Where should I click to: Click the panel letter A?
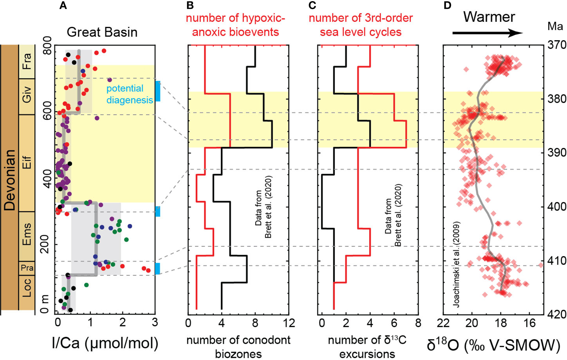(x=63, y=6)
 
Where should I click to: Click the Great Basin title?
(x=102, y=32)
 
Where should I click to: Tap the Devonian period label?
(x=10, y=180)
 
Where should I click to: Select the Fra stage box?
(x=27, y=61)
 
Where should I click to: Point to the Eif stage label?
(x=27, y=163)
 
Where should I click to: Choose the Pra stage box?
(x=27, y=268)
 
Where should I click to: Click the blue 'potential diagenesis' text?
(x=129, y=94)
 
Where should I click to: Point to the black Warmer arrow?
(x=488, y=33)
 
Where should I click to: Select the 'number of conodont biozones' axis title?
(x=238, y=347)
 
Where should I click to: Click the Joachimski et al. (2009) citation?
(x=457, y=264)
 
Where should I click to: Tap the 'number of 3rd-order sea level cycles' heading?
(x=361, y=25)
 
